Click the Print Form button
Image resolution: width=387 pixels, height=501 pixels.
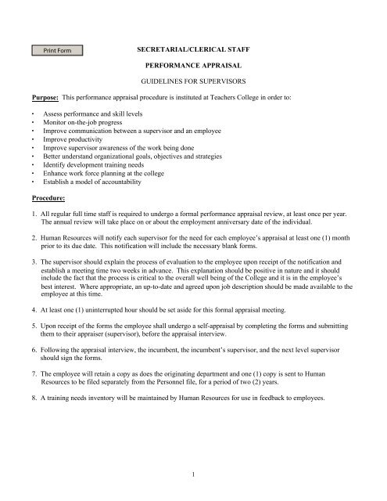[x=57, y=51]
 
